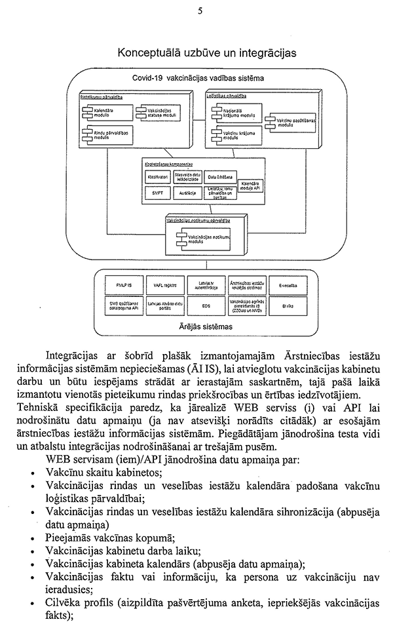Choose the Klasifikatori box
(158, 177)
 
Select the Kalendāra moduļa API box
(251, 186)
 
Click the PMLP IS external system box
(124, 285)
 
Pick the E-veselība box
(286, 285)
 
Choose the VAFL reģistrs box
(164, 285)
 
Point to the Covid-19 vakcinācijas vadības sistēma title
(198, 77)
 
